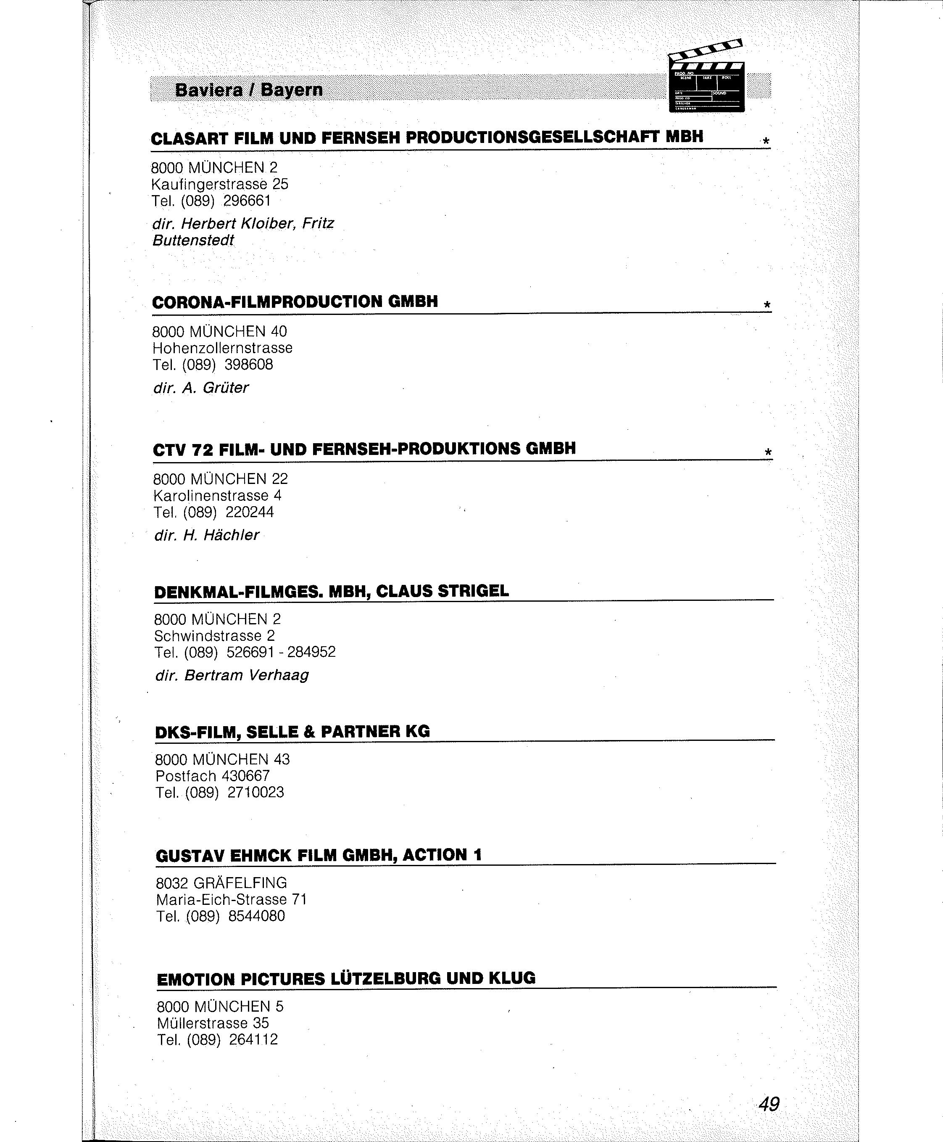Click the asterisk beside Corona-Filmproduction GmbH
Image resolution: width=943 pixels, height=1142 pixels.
tap(767, 305)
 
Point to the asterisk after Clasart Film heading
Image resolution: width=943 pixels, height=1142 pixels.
tap(766, 141)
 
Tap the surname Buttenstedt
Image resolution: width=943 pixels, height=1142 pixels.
tap(193, 240)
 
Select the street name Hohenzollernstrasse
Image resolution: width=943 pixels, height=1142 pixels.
tap(223, 348)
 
